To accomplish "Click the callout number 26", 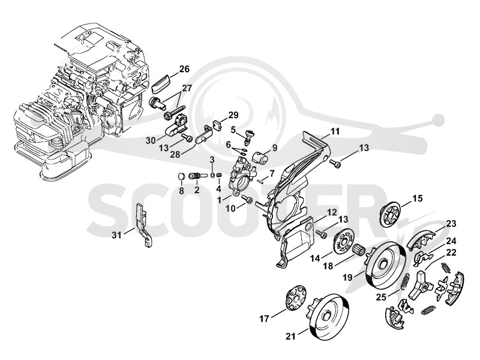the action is coord(184,69).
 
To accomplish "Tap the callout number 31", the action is coord(116,235).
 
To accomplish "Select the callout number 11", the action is coord(335,131).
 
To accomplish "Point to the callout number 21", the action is coord(290,337).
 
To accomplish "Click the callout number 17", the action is coord(264,319).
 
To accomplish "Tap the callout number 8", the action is coord(182,191).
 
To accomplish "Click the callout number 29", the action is coord(233,115).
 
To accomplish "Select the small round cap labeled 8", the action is coord(182,176).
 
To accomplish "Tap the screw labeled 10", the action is coord(247,199).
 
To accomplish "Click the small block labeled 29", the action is coord(217,125).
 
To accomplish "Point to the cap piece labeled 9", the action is coord(260,157).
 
